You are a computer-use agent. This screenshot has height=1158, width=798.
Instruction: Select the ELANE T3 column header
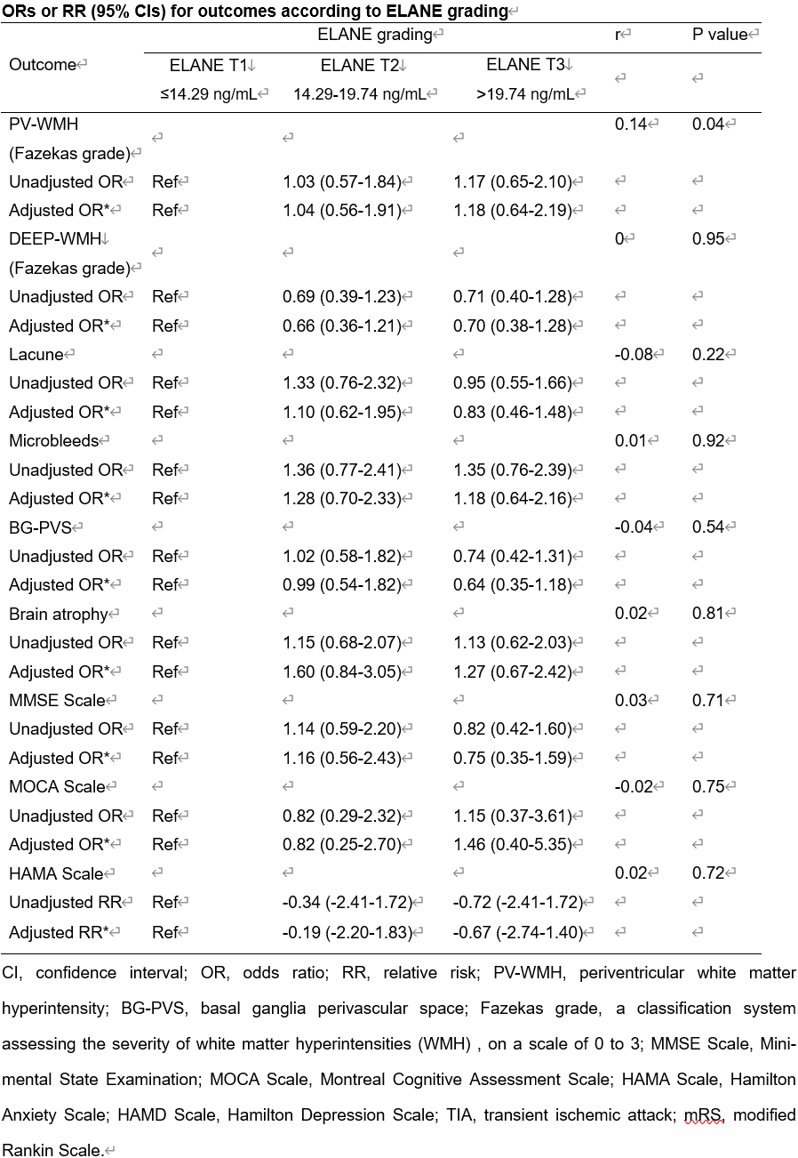[x=528, y=64]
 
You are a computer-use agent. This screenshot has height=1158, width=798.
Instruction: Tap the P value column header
[x=721, y=34]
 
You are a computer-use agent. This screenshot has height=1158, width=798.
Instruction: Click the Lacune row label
[x=36, y=354]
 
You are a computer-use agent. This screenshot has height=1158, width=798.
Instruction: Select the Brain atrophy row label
[x=58, y=614]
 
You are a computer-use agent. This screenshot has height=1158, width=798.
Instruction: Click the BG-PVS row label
[x=41, y=527]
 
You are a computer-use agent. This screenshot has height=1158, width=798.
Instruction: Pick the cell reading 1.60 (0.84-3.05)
[x=341, y=671]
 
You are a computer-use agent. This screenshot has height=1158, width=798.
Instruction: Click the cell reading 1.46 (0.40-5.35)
[x=512, y=844]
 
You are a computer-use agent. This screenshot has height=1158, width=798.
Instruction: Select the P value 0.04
[x=708, y=124]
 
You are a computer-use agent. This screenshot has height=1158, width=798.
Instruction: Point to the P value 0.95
[x=708, y=238]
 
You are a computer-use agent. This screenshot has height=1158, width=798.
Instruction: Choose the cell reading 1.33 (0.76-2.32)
[x=341, y=382]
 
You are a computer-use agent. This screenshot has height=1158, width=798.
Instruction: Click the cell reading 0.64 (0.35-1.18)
[x=512, y=584]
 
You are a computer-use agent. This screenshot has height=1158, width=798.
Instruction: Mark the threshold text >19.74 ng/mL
[x=531, y=93]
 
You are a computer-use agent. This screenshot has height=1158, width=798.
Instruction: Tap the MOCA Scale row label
[x=57, y=786]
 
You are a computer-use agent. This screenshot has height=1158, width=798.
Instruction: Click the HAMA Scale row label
[x=56, y=873]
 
